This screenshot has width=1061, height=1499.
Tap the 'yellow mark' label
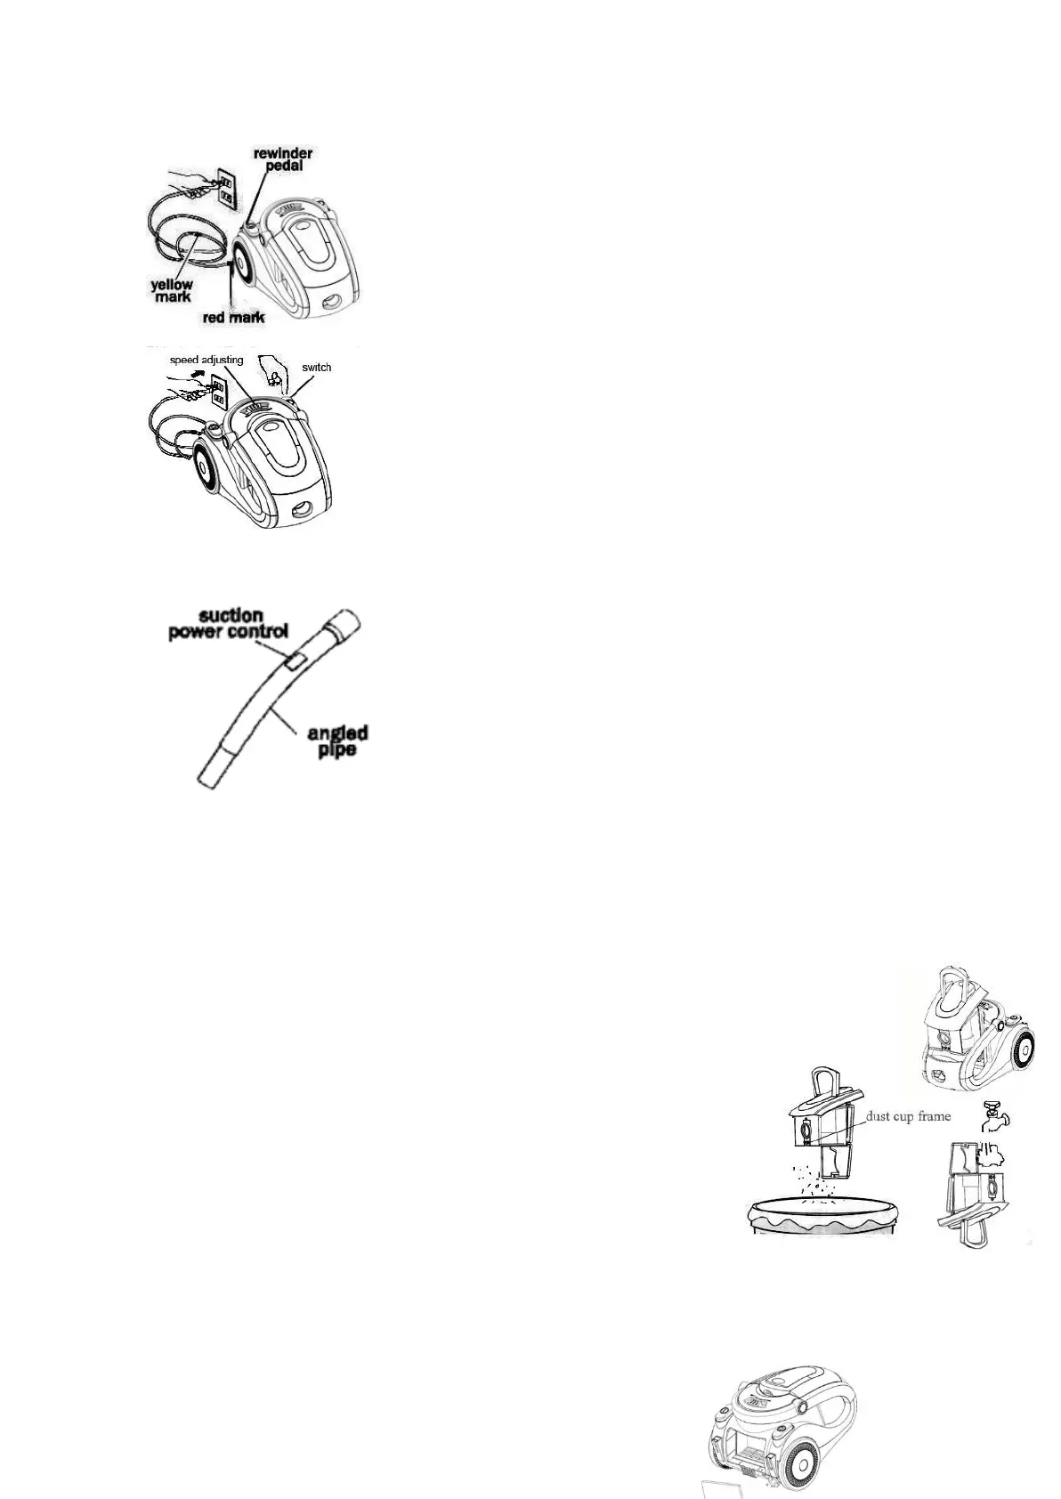pyautogui.click(x=171, y=290)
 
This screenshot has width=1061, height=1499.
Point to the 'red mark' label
pyautogui.click(x=233, y=316)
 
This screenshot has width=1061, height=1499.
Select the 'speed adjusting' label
pyautogui.click(x=207, y=361)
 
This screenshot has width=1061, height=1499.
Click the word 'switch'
pyautogui.click(x=316, y=367)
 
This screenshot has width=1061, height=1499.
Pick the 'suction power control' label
pyautogui.click(x=229, y=623)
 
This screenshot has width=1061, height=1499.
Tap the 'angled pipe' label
pyautogui.click(x=337, y=741)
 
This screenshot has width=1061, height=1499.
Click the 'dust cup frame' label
pyautogui.click(x=908, y=1116)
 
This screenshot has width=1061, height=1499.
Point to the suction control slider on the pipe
pyautogui.click(x=295, y=659)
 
